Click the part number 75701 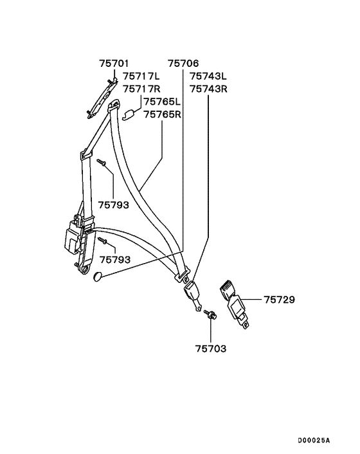114,64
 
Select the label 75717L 141,76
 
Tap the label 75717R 141,89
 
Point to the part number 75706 183,64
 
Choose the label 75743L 208,76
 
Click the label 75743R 209,89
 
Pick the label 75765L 163,102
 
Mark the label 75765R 163,114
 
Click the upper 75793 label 113,205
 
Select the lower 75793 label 115,260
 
